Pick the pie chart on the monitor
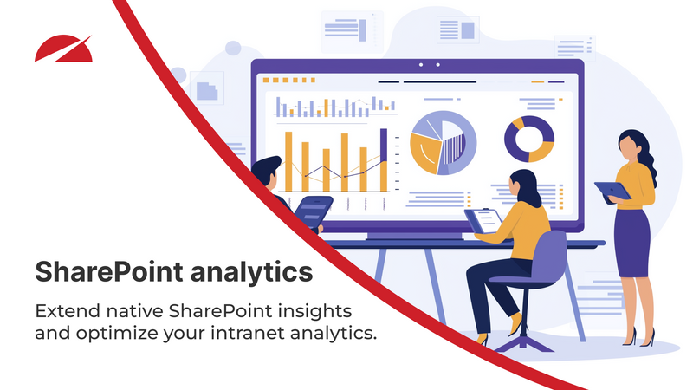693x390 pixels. [x=443, y=143]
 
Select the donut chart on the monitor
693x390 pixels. [x=528, y=139]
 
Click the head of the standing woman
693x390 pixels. [x=630, y=145]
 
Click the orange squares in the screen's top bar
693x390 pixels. [x=277, y=80]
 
